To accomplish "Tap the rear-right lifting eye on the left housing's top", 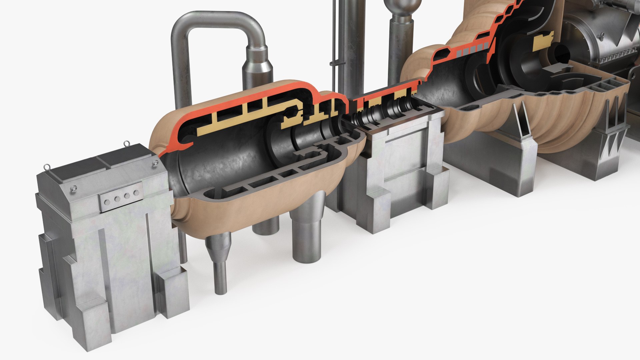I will pyautogui.click(x=127, y=144).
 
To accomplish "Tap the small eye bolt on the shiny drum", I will pyautogui.click(x=602, y=35).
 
